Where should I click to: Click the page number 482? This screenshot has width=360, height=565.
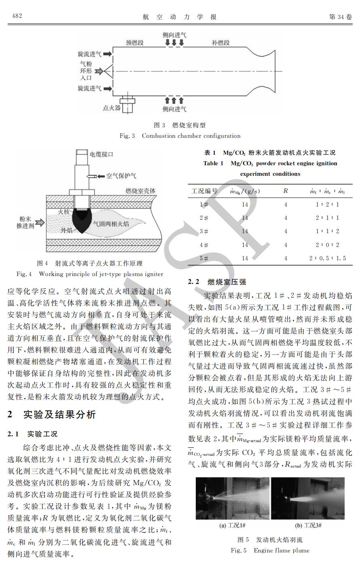click(17, 16)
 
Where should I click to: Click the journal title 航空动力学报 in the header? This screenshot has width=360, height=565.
click(180, 17)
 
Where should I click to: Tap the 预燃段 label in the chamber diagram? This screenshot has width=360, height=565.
click(135, 42)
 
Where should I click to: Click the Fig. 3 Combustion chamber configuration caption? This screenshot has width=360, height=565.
click(180, 136)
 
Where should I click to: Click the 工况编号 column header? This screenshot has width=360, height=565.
click(204, 191)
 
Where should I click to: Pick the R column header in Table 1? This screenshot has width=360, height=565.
click(286, 191)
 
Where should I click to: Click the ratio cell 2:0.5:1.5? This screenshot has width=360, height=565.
click(327, 258)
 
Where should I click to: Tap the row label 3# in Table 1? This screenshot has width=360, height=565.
click(204, 231)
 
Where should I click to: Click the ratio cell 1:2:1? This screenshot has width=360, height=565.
click(327, 204)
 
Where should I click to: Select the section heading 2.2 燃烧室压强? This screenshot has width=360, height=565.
click(217, 282)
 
